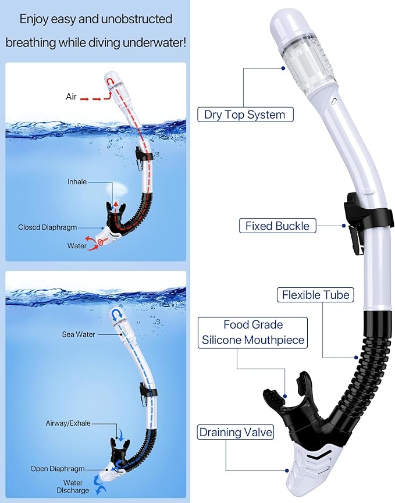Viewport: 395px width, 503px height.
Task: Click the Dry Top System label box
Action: [245, 115]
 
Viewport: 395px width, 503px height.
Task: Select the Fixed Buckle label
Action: [277, 226]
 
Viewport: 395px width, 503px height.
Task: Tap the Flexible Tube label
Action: [316, 295]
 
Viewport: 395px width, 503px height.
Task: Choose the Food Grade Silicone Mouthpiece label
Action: [252, 333]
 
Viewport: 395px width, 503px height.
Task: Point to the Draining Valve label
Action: [236, 432]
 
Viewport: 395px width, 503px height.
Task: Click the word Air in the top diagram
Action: [71, 97]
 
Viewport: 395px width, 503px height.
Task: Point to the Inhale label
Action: [77, 182]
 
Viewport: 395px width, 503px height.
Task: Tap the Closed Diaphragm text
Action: [47, 227]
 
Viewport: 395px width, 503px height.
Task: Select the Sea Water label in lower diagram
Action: [79, 334]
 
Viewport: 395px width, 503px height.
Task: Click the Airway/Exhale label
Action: [68, 423]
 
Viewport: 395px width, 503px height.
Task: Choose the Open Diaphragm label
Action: [58, 469]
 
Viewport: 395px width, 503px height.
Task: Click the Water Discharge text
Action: [73, 487]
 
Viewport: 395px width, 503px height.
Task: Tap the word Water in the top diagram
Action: [77, 246]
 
